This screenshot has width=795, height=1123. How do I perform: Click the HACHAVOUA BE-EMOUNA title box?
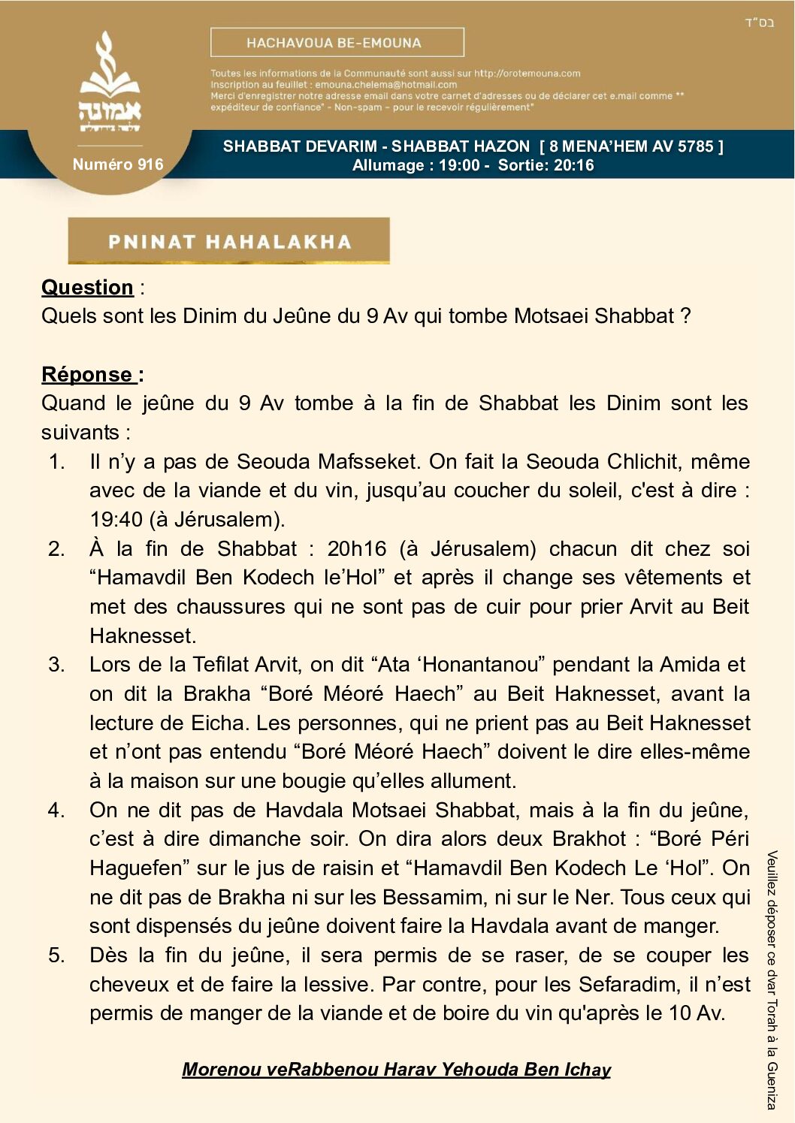click(337, 43)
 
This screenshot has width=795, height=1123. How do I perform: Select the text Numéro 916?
click(118, 165)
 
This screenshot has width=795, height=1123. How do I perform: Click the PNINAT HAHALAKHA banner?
click(229, 241)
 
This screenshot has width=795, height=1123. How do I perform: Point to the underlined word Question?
click(87, 288)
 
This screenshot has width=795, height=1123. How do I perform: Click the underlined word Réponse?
click(87, 374)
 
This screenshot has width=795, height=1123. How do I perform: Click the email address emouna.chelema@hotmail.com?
click(385, 85)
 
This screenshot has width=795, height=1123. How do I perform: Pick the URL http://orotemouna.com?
click(527, 74)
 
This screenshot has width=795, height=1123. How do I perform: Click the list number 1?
click(56, 461)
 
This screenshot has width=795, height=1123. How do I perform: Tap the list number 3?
click(56, 665)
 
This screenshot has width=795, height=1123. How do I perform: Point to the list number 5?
click(56, 955)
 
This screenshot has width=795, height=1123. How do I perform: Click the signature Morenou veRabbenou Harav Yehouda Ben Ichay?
click(396, 1069)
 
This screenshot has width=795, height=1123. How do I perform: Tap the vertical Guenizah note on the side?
click(772, 980)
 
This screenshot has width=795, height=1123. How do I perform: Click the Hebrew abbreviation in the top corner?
click(759, 23)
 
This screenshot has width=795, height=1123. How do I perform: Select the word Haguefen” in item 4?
click(140, 868)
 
